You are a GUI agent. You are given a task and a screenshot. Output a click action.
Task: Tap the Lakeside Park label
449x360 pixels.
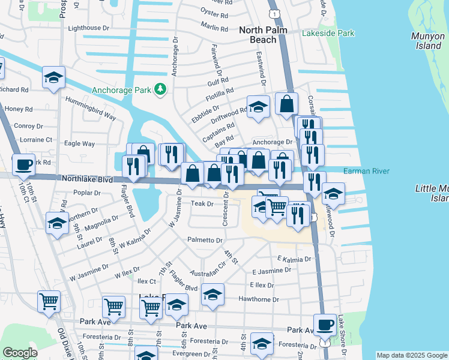click(x=328, y=34)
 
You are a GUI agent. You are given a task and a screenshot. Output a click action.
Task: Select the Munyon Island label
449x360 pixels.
click(x=427, y=41)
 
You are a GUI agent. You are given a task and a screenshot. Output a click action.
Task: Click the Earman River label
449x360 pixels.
click(x=366, y=172)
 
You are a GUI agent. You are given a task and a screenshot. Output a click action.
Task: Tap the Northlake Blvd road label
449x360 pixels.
click(x=88, y=179)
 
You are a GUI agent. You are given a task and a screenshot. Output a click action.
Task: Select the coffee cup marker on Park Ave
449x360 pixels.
click(x=325, y=325)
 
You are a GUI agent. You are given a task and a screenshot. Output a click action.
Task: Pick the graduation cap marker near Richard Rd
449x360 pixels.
click(x=53, y=78)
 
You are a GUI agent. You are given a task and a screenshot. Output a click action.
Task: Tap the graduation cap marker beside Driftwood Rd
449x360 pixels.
click(x=258, y=107)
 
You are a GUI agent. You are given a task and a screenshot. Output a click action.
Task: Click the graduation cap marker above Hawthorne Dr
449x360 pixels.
click(x=212, y=295)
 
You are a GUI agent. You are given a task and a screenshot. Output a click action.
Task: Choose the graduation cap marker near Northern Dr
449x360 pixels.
click(x=56, y=223)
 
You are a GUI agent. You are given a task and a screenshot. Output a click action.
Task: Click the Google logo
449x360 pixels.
click(x=20, y=353)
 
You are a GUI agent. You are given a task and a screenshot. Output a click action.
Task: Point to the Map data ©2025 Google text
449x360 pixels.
click(x=411, y=355)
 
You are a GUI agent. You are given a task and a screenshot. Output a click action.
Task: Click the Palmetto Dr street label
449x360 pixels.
click(x=204, y=240)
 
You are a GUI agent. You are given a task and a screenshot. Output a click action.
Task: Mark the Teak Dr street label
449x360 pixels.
click(x=202, y=204)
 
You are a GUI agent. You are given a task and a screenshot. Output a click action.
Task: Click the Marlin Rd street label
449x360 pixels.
click(x=215, y=28)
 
